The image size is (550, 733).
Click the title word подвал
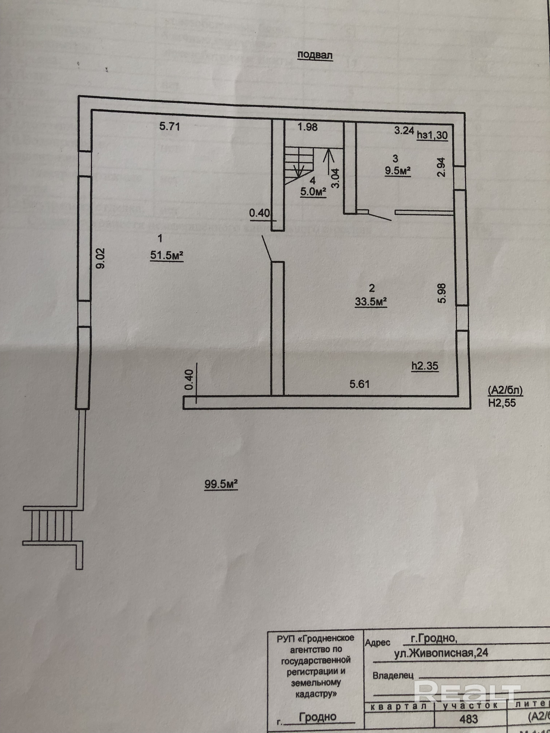point(314,55)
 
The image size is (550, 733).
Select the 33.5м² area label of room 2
point(371,302)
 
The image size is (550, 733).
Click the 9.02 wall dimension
point(101,259)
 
